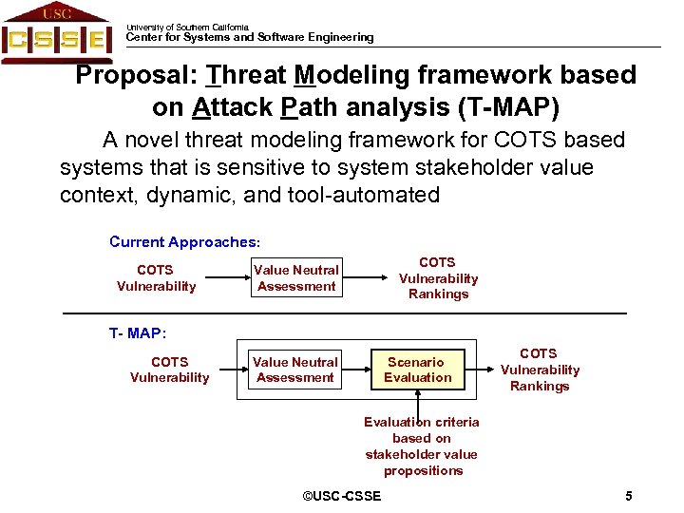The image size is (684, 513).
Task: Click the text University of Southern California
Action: pos(187,28)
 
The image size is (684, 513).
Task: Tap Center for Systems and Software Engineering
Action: pos(250,38)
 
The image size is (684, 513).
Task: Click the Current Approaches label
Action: pos(184,242)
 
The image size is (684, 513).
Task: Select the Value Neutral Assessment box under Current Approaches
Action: pos(296,278)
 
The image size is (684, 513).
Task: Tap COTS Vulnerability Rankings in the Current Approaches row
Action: pos(438,278)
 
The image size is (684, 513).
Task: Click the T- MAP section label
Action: pos(138,333)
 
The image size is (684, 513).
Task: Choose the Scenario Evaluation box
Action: pos(417,370)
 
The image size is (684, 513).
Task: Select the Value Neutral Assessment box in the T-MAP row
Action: pos(294,370)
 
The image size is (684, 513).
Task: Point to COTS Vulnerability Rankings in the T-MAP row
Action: pos(540,370)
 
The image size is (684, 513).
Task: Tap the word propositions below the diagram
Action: pos(423,470)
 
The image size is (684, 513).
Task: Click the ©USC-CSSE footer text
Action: pos(341,496)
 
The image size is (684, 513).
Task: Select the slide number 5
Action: pos(629,496)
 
